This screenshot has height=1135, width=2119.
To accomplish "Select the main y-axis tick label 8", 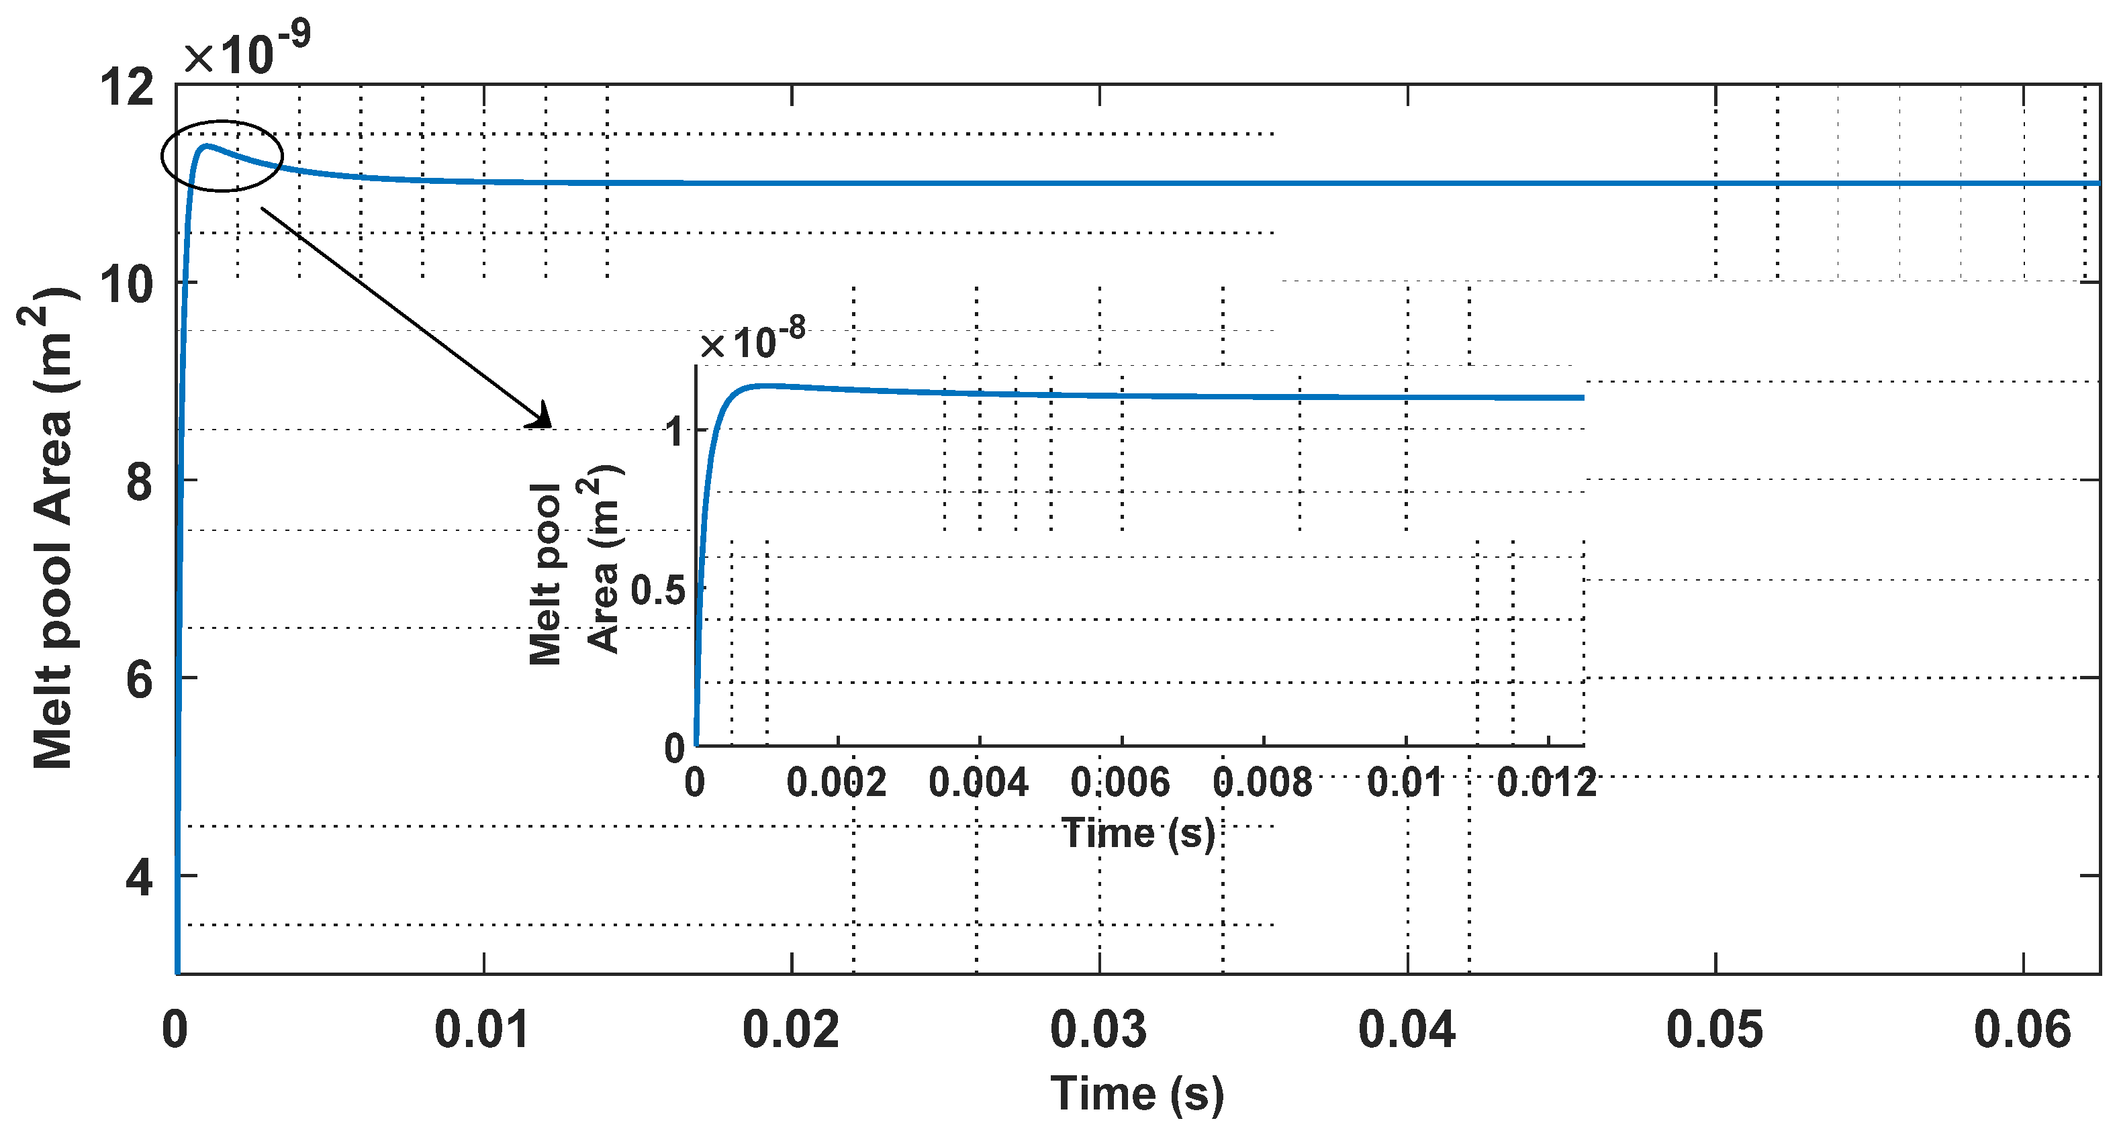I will point(139,482).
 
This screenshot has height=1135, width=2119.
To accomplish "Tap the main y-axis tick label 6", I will point(139,680).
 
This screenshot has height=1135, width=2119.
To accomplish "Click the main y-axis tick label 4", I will point(139,877).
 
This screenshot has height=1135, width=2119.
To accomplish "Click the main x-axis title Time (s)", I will point(1137,1094).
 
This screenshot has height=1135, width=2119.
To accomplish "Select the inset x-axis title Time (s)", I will point(1139,833).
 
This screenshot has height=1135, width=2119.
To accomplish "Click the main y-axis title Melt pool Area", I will point(51,526).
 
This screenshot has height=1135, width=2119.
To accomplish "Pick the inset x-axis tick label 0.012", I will point(1546,781).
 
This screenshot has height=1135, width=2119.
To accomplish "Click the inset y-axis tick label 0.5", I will point(657,591).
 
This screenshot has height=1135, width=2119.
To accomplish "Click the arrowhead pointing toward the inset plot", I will point(543,417).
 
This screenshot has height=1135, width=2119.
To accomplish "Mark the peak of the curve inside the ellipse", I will point(205,146).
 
